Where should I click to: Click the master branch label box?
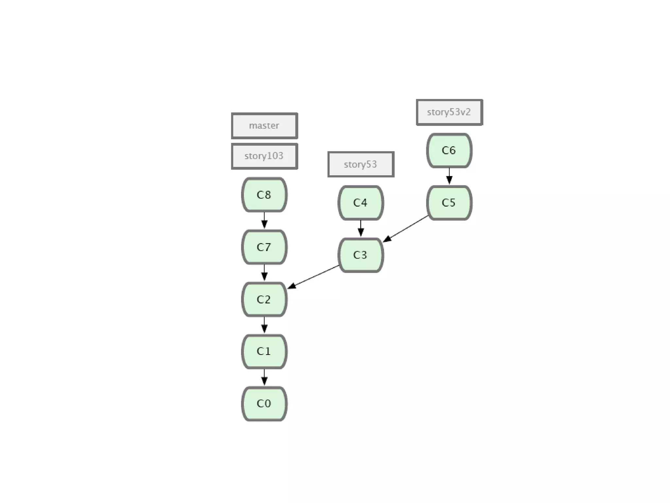264,126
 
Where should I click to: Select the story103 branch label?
264,156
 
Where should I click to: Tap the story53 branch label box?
361,164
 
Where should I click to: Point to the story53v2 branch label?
449,112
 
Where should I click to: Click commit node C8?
264,195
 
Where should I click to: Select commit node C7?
264,247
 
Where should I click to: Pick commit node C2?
264,299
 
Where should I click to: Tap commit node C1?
264,351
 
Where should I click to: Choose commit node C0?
264,403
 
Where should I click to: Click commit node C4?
361,203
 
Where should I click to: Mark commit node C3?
361,255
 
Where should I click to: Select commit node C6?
449,150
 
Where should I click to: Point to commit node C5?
449,203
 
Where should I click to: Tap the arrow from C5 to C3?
406,229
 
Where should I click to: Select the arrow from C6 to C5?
449,176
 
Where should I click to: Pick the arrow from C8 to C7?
264,221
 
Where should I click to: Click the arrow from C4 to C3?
361,228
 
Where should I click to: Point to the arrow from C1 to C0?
264,377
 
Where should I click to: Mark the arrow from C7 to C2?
264,273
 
